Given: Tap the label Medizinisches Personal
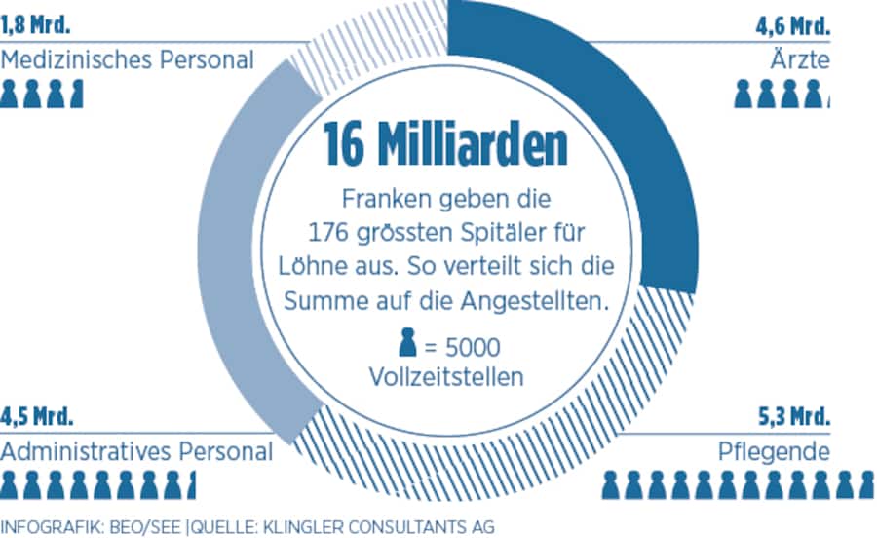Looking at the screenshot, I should click(x=127, y=60).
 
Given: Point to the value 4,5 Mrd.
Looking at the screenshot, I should click(x=37, y=417).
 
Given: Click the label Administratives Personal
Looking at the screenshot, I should click(x=136, y=452).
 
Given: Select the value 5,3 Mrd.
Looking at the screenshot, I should click(x=793, y=417).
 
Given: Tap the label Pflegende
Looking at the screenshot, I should click(x=773, y=452).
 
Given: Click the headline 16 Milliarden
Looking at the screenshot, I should click(x=445, y=145).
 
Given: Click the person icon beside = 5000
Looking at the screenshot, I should click(x=406, y=345).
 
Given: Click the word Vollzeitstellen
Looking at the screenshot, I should click(x=445, y=376).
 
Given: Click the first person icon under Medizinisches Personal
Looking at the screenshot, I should click(x=10, y=95).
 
